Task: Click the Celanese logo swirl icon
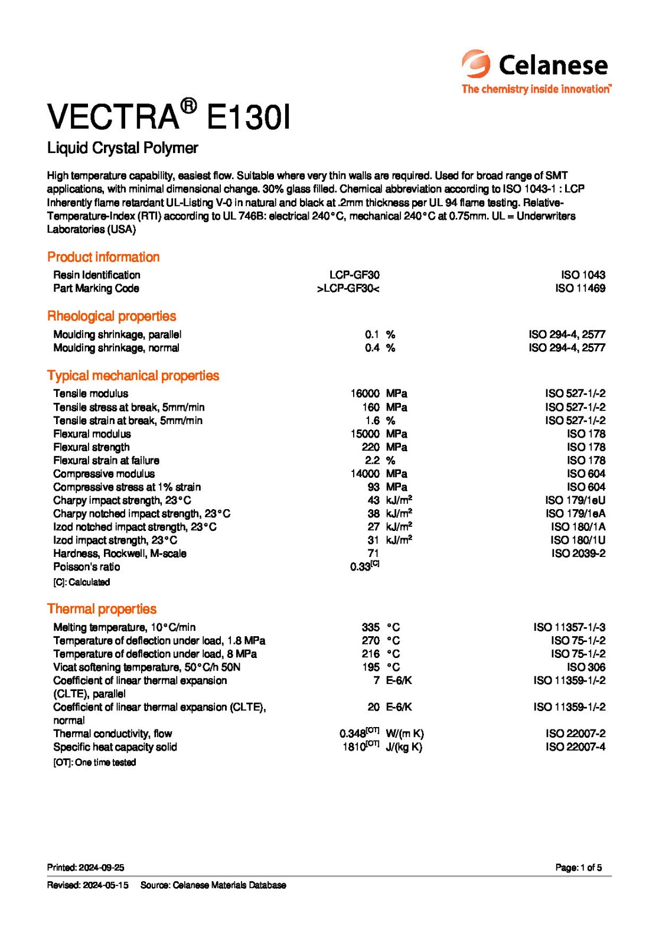tap(476, 64)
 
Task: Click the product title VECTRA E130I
tap(168, 116)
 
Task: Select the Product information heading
tap(103, 257)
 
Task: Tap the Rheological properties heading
tap(112, 316)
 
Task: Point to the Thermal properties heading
tap(102, 609)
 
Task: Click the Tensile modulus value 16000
tap(364, 393)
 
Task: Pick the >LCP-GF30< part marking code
tap(348, 288)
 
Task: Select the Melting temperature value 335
tap(370, 627)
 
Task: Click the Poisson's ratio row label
tap(86, 567)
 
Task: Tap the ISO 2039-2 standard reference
tap(578, 553)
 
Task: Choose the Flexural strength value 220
tap(370, 447)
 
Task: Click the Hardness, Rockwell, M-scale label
tap(119, 553)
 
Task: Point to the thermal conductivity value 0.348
tap(353, 734)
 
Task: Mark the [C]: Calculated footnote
tap(81, 582)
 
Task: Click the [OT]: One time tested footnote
tap(94, 762)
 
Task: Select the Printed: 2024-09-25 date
tap(86, 868)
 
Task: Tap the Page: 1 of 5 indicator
tap(578, 868)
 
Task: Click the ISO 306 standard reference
tap(586, 667)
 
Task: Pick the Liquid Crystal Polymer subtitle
tap(122, 148)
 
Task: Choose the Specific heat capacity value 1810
tap(354, 747)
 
